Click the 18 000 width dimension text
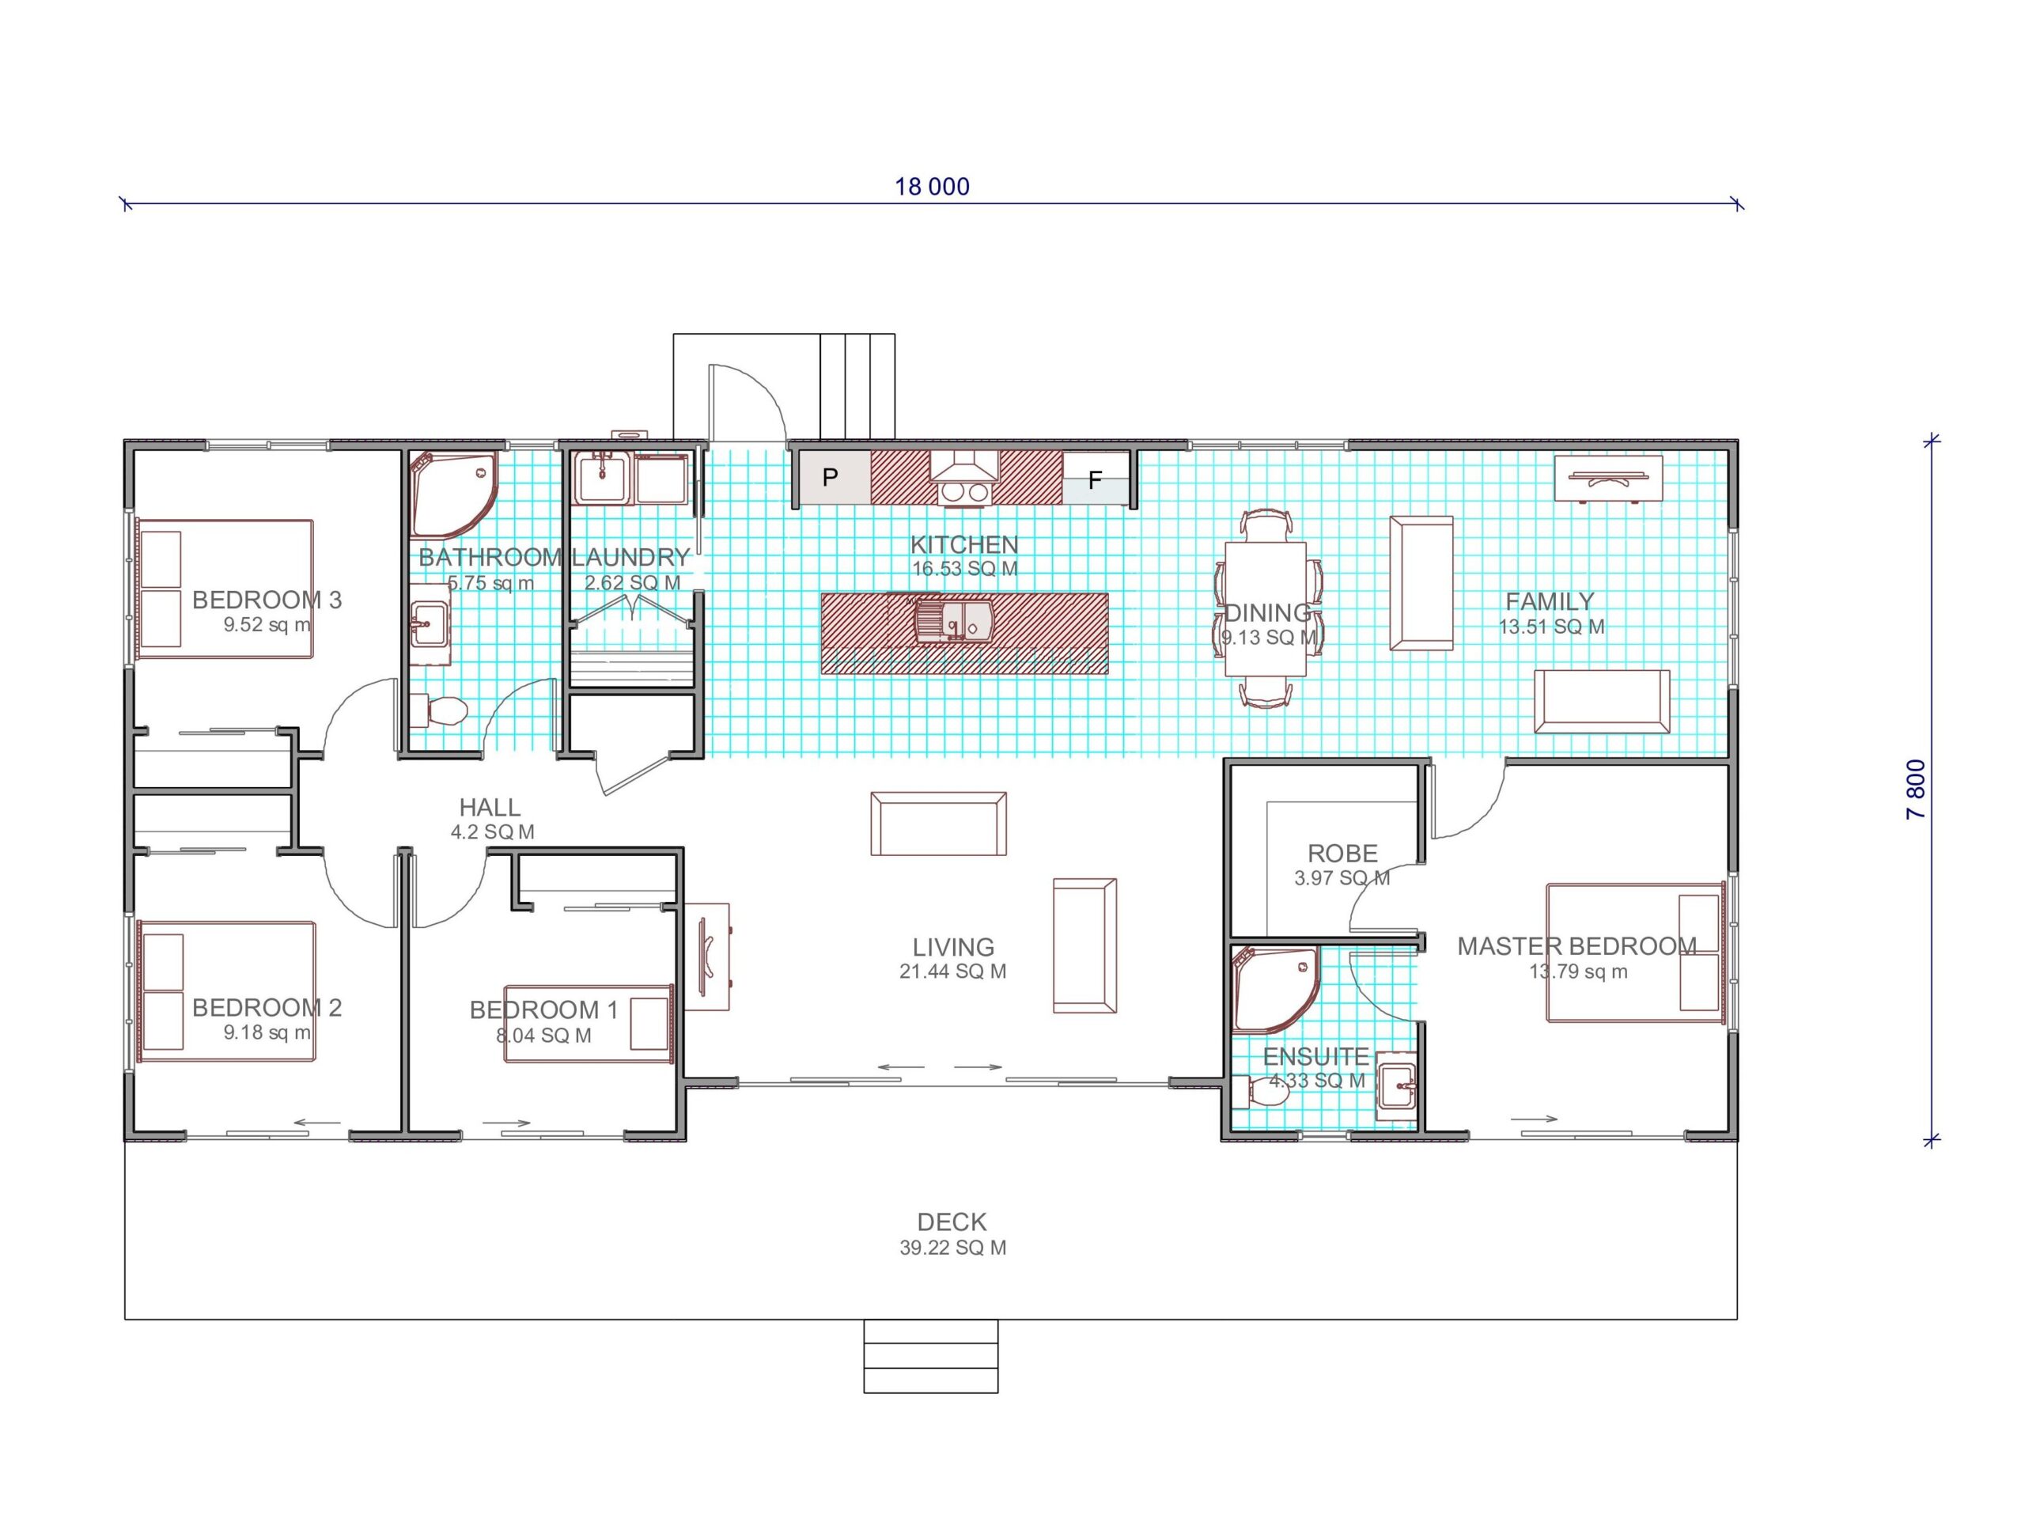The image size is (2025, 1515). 932,187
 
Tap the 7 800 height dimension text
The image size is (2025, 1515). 1916,789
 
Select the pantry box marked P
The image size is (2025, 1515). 834,477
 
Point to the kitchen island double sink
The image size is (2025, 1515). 953,622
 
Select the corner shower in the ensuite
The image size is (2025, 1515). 1276,990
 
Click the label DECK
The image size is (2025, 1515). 952,1222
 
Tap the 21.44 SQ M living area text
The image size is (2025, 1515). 953,971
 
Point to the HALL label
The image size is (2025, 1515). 490,808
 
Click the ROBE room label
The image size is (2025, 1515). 1342,853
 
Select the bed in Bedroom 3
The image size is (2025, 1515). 225,589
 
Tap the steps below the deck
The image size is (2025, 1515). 931,1356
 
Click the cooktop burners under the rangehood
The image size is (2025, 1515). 965,493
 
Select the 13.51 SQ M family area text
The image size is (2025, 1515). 1552,627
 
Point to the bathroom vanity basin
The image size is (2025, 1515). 429,624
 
